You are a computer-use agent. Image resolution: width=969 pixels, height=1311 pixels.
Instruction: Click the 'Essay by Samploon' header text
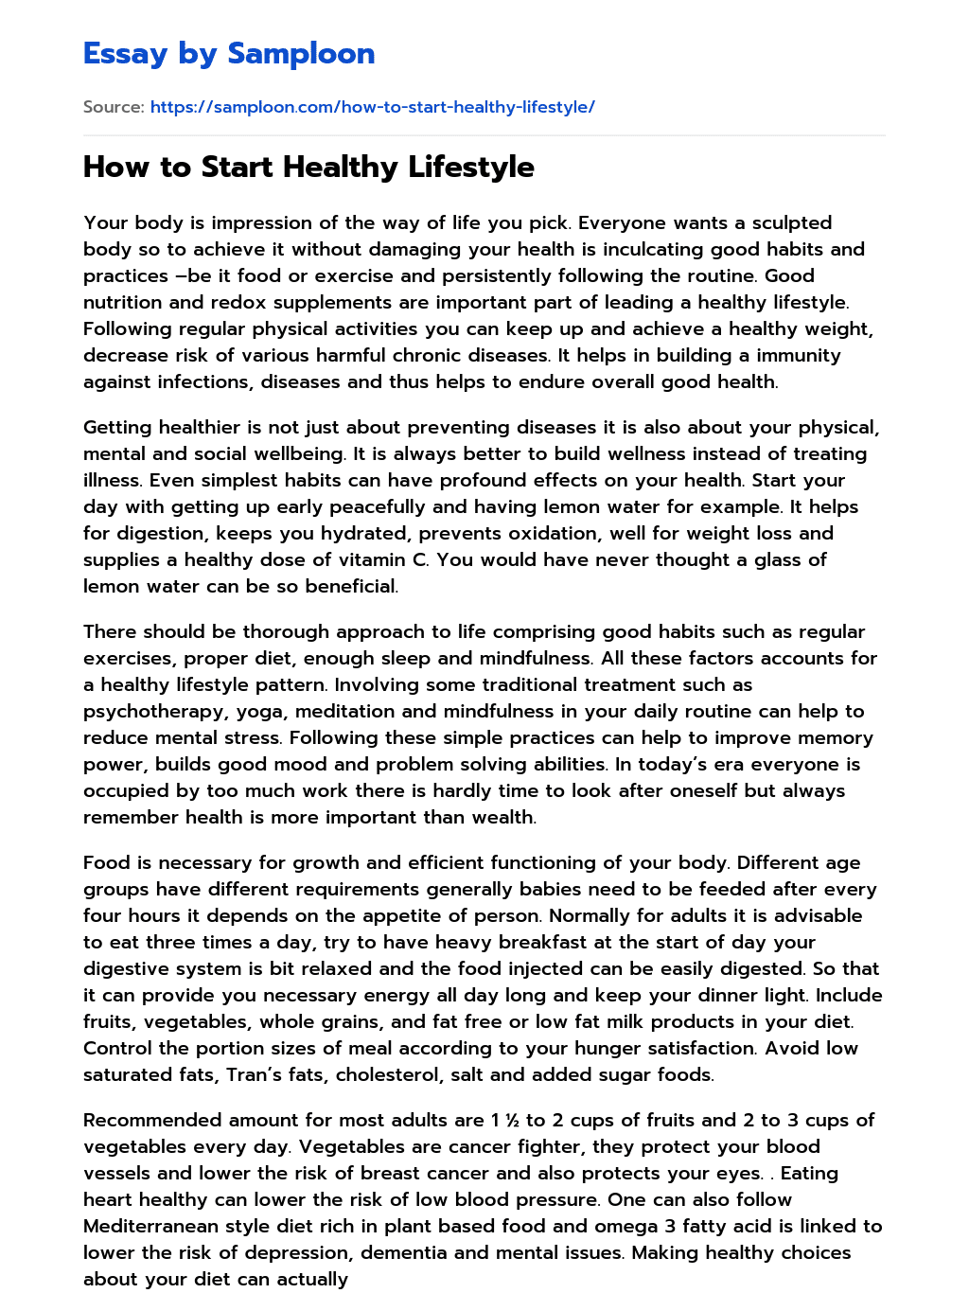click(229, 54)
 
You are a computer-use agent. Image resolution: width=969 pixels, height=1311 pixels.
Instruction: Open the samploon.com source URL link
click(372, 107)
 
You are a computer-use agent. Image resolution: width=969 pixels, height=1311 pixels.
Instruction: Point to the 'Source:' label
click(114, 107)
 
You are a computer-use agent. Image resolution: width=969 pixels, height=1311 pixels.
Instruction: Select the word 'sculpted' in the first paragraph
click(792, 223)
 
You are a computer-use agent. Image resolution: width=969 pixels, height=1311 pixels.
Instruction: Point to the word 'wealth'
click(503, 818)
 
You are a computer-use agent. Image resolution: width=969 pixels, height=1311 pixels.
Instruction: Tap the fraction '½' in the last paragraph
click(512, 1121)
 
